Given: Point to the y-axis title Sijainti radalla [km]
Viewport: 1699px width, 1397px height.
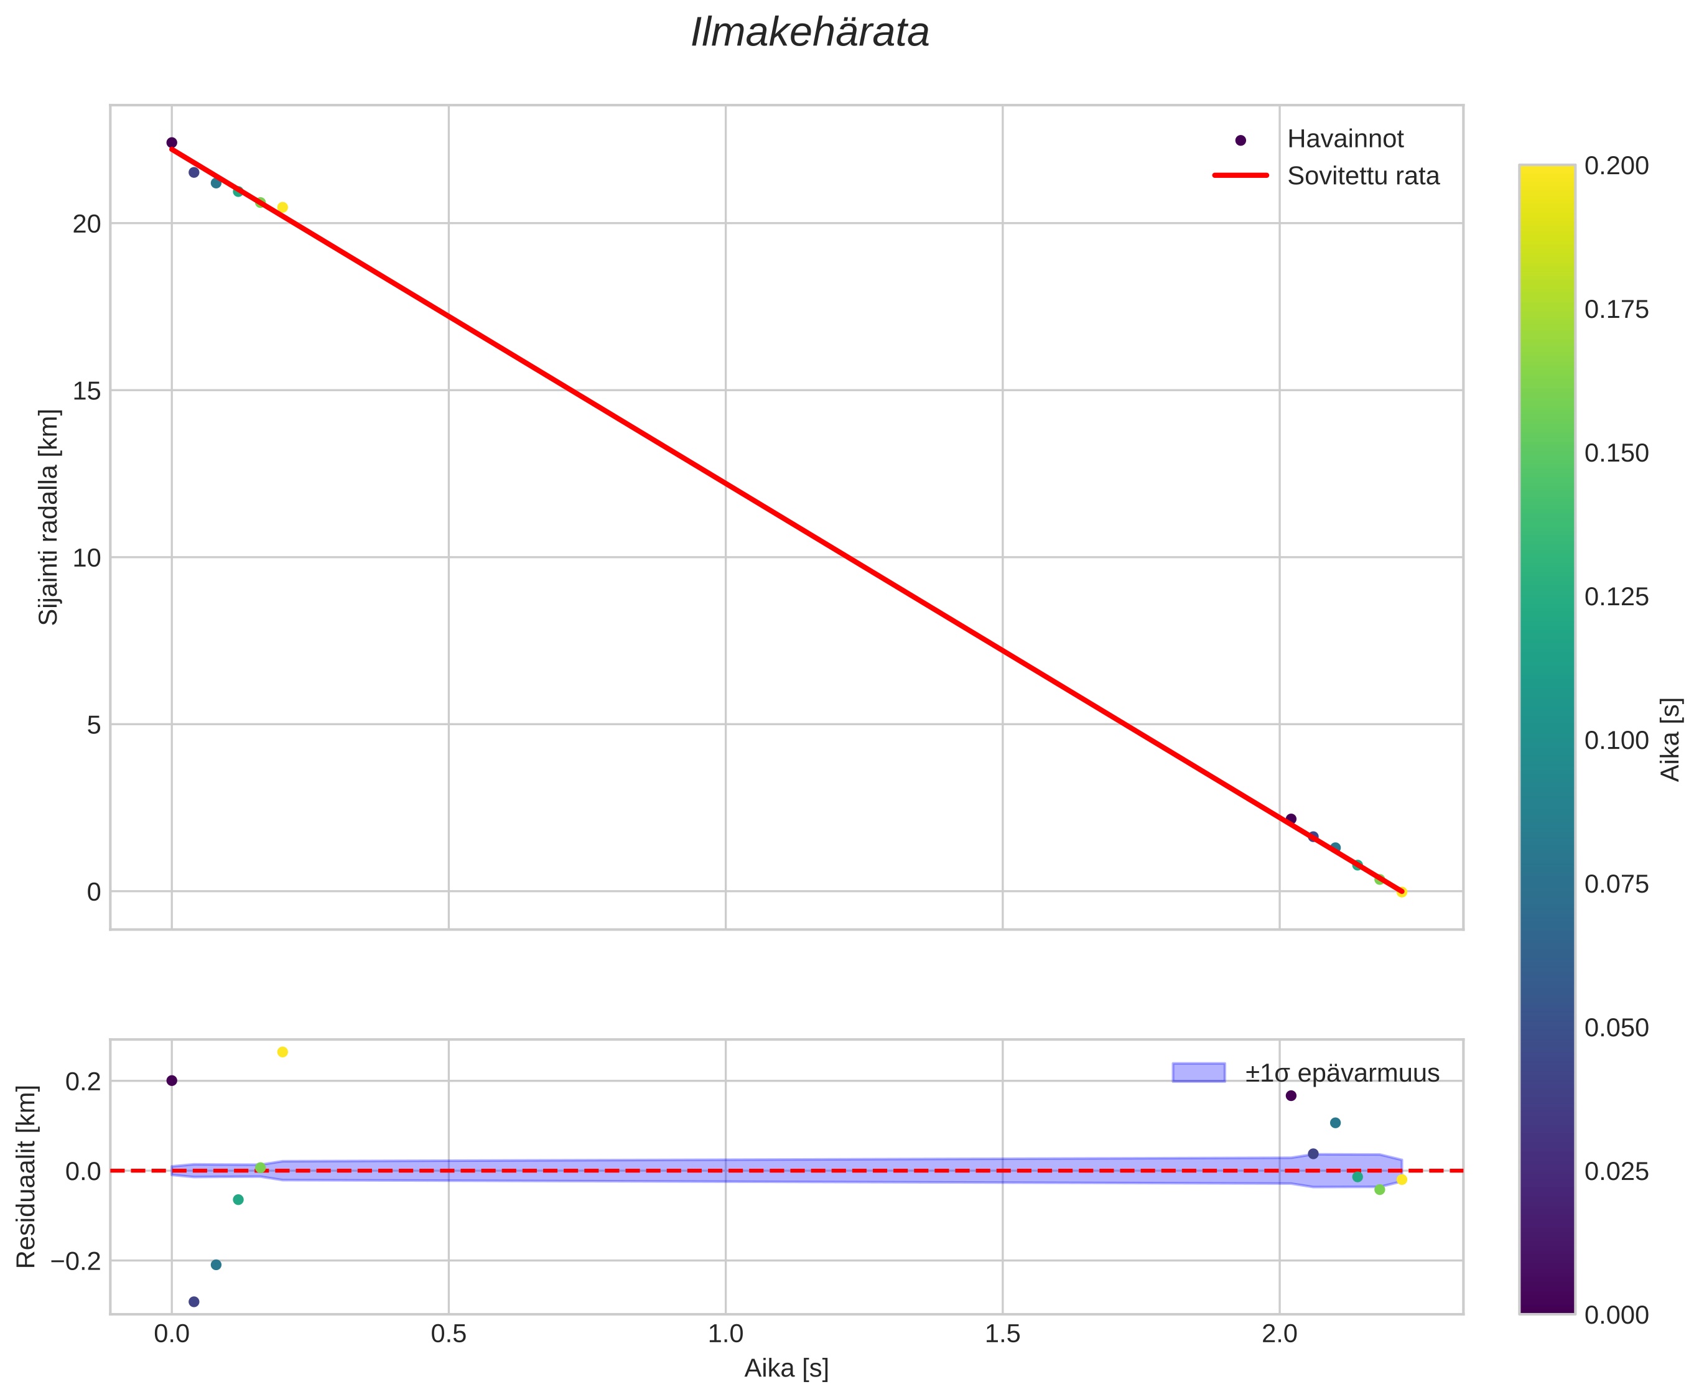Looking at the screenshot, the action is (x=49, y=517).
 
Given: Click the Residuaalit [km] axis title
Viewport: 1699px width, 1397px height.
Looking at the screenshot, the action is (x=27, y=1177).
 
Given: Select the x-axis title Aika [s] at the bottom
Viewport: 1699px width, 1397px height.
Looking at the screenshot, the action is (x=786, y=1368).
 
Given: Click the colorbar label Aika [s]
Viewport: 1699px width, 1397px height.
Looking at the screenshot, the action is (x=1671, y=739).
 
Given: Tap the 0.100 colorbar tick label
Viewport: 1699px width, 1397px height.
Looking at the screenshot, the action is (x=1616, y=740).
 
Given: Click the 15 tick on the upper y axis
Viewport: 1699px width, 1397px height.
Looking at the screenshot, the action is (x=87, y=391).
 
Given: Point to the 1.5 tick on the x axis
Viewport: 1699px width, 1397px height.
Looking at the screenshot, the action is (x=1002, y=1334).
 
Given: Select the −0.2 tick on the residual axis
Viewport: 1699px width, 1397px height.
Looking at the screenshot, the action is (x=77, y=1261).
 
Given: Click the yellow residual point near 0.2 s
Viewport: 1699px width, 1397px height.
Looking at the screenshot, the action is (x=282, y=1052).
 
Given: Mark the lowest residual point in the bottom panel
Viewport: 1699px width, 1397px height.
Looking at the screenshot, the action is (x=194, y=1302).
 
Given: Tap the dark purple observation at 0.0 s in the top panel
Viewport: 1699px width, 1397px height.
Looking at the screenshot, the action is (x=172, y=142).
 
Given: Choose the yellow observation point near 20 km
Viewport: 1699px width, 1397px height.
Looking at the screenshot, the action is (x=282, y=208).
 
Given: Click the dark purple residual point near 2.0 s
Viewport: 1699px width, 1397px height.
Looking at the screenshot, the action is (x=1291, y=1095).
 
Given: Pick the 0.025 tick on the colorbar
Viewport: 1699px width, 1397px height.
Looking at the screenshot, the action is (x=1616, y=1172).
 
